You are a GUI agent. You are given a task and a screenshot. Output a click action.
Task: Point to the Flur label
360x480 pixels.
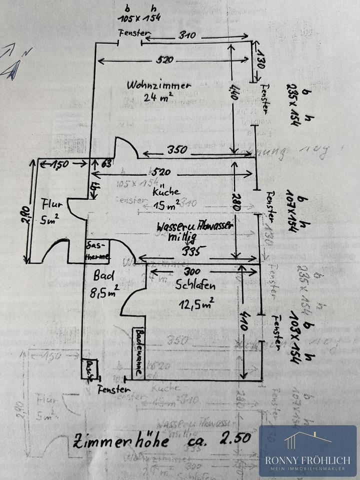49,204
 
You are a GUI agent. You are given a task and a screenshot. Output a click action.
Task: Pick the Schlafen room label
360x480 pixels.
195,286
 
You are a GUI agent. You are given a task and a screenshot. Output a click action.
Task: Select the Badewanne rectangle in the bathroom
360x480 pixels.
138,352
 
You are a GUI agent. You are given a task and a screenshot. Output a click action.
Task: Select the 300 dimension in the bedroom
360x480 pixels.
192,272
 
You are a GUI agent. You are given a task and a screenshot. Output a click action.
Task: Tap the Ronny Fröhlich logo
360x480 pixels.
307,450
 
